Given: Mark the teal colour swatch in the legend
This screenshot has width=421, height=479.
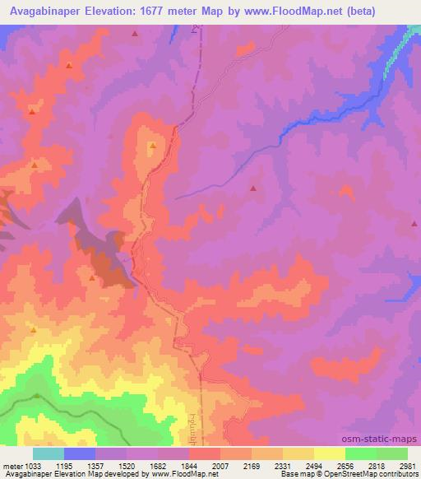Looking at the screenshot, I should [49, 453].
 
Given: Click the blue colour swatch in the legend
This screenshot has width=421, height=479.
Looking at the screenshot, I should [80, 453].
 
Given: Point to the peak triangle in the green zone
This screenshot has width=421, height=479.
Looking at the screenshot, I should [38, 396].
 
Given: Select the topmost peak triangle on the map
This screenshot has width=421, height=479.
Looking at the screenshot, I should [134, 35].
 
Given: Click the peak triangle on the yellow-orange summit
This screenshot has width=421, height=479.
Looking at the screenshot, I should [152, 146].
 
